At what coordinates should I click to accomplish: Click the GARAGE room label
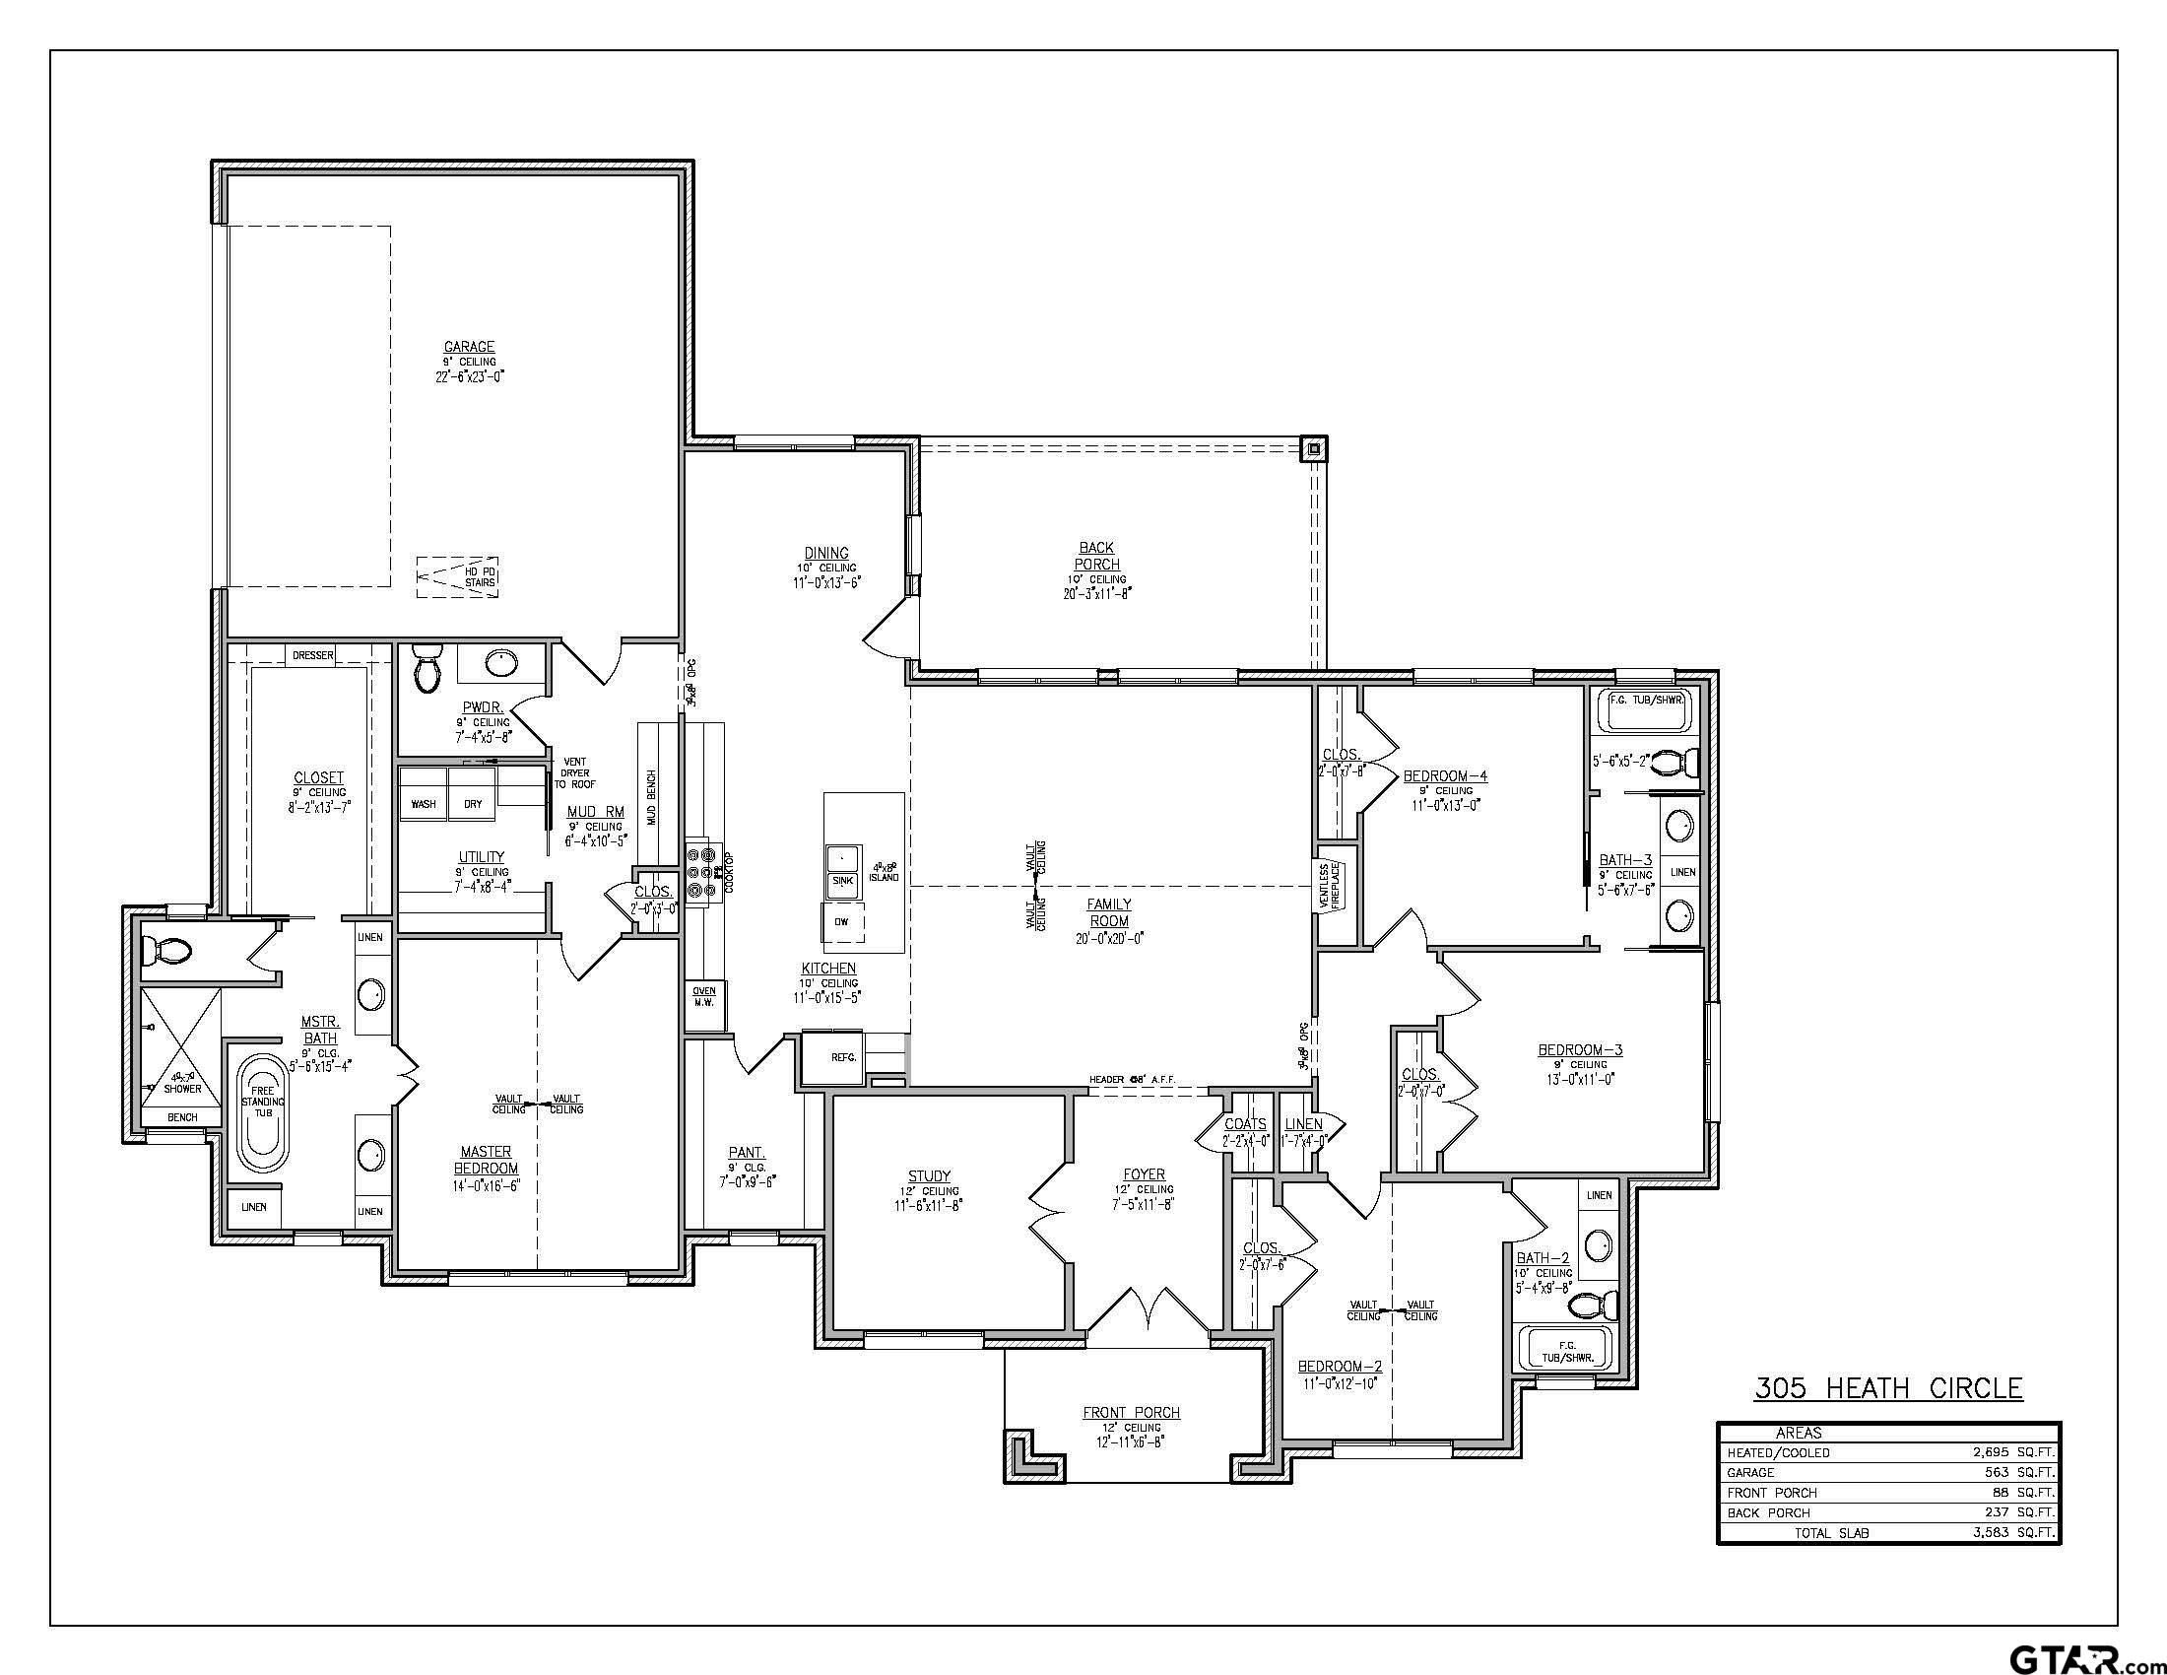click(x=468, y=346)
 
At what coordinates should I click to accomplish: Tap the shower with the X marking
click(x=179, y=1044)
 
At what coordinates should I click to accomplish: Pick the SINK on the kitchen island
click(x=841, y=879)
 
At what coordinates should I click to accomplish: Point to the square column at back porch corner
click(x=1314, y=448)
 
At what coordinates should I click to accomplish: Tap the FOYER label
click(x=1144, y=1173)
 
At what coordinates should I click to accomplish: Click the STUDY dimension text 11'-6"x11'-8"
click(x=928, y=1206)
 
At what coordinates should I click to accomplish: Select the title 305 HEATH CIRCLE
click(x=1888, y=1387)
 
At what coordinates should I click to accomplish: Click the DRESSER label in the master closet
click(x=312, y=655)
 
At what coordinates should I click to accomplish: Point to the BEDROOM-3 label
click(x=1580, y=1049)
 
